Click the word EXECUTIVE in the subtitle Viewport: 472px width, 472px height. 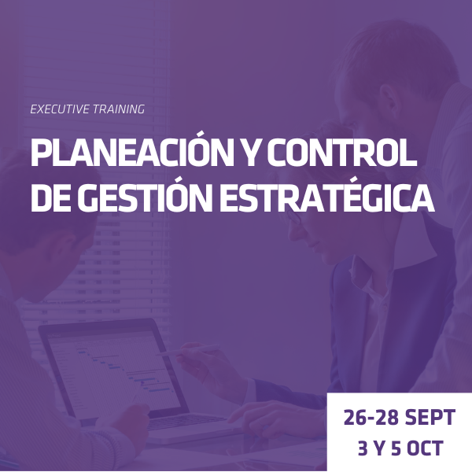(60, 109)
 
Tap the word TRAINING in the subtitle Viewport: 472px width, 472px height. (119, 109)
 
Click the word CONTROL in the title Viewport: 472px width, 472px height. (342, 153)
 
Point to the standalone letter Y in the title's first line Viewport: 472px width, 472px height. (250, 153)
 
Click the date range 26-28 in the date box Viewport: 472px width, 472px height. (371, 417)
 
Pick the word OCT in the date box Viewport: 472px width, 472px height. (425, 448)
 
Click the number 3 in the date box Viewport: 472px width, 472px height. (363, 448)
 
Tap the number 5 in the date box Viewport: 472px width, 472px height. (396, 448)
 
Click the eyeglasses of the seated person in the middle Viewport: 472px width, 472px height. (294, 217)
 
